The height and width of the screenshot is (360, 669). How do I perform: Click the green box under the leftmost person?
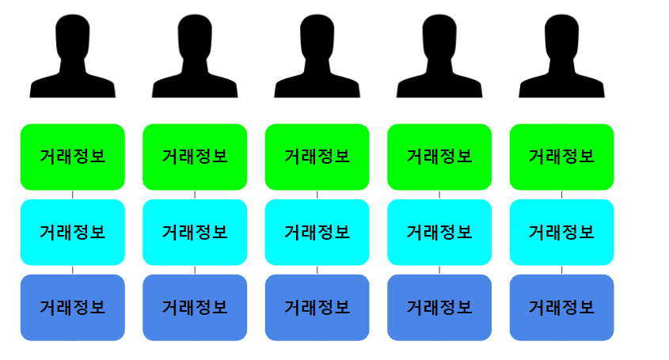pos(73,157)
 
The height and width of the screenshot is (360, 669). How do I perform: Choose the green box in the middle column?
pos(317,157)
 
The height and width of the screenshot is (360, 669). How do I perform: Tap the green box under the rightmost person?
pos(561,157)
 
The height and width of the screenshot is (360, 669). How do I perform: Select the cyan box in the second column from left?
pos(195,232)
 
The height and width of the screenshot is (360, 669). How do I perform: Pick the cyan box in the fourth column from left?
pos(439,232)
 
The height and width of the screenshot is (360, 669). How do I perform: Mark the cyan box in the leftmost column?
pos(73,232)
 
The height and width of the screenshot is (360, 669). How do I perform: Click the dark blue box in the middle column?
pos(317,307)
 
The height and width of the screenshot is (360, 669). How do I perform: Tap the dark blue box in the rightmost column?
pos(561,307)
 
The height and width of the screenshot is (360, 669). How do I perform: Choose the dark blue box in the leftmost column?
pos(73,307)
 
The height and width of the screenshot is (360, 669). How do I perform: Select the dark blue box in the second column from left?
pos(195,307)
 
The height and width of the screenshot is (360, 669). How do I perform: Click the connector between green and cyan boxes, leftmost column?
pos(73,195)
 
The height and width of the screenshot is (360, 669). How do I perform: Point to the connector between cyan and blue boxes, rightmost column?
pos(561,270)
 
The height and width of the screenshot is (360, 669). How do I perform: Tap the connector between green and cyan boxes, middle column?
pos(317,195)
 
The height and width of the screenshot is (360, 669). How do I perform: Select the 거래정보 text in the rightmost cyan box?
pos(561,233)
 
